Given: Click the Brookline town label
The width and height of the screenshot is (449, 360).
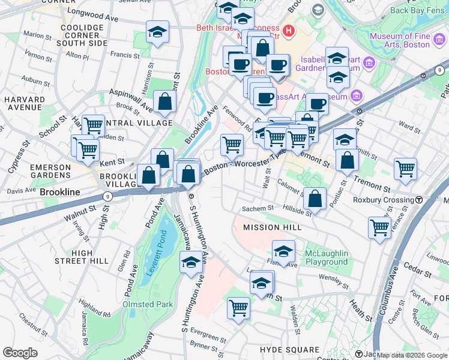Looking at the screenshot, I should [x=60, y=193].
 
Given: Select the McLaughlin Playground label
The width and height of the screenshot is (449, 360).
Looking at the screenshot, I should [x=326, y=257].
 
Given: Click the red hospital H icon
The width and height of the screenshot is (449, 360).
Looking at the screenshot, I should [x=288, y=29].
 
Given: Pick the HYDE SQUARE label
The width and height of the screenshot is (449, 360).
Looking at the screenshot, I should [x=290, y=349].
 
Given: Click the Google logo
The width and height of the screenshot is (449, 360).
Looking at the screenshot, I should [x=20, y=353].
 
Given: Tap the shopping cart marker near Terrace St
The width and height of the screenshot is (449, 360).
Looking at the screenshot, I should [x=380, y=227].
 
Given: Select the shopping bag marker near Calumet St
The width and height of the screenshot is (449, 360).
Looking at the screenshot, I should [x=315, y=197].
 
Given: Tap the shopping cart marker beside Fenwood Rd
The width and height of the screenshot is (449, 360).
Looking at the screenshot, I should [x=232, y=144].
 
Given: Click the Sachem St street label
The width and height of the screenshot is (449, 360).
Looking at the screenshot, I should [x=258, y=208].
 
